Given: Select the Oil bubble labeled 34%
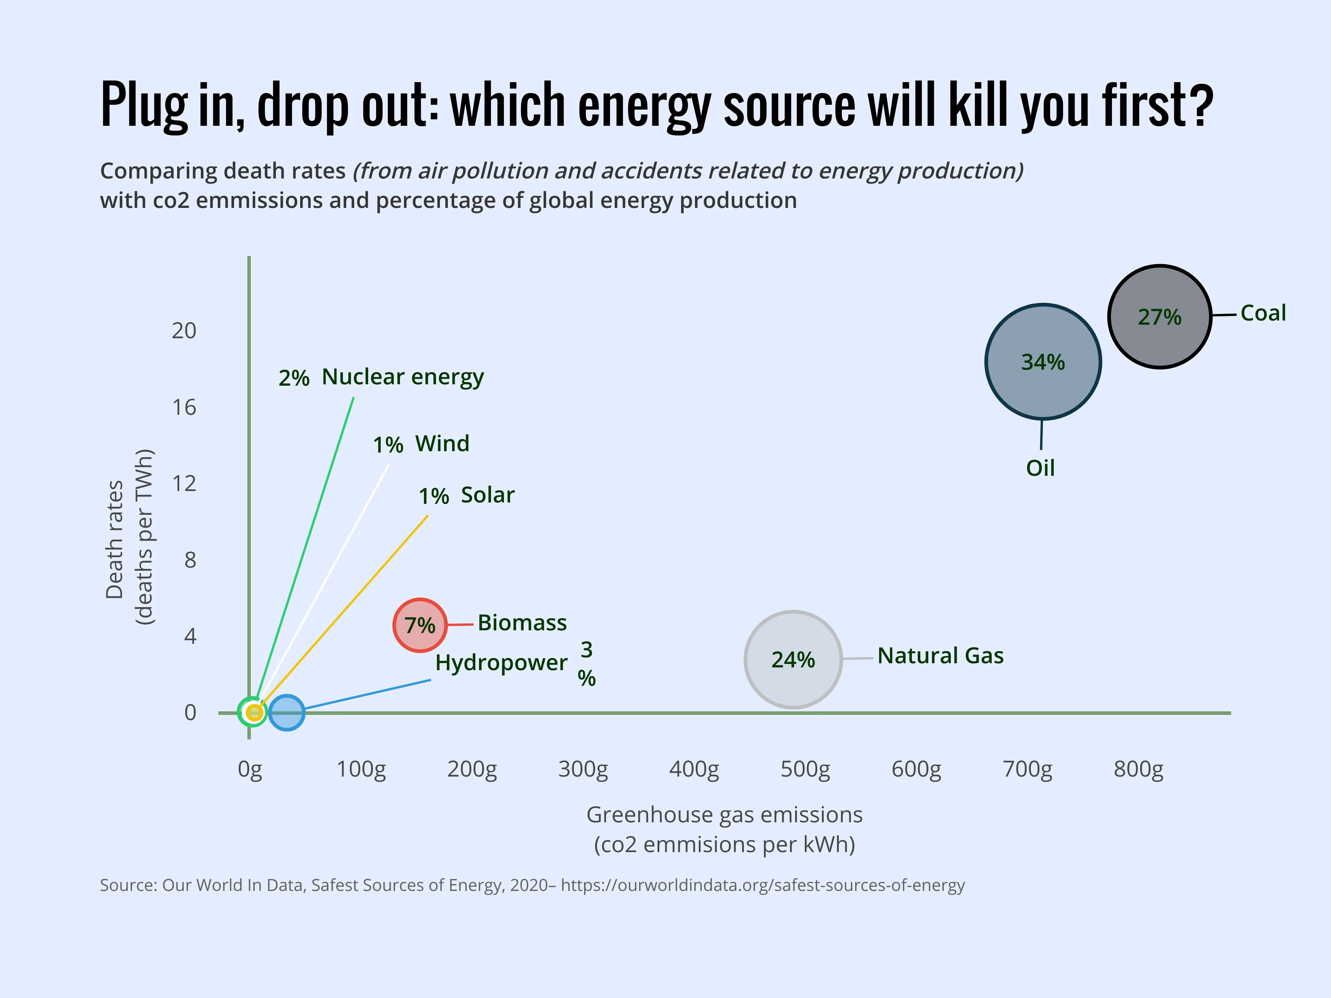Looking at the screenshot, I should tap(1043, 361).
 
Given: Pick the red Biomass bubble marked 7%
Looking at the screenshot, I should tap(419, 625).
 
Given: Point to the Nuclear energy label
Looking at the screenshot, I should tap(402, 377).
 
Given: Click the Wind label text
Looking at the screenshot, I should tap(442, 443).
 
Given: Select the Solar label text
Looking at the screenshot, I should tap(487, 494).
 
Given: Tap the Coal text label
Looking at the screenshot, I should tap(1263, 313).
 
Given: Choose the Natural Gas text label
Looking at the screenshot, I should tap(940, 655).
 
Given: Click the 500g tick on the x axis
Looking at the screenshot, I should tap(805, 769).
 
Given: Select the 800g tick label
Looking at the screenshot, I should tap(1138, 769).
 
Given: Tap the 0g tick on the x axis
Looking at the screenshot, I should tap(250, 769).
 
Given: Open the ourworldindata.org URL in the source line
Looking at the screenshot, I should tap(762, 885).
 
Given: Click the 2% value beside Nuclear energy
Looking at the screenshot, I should tap(294, 378).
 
